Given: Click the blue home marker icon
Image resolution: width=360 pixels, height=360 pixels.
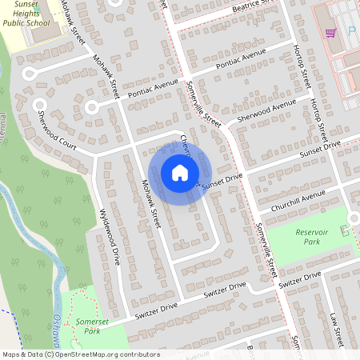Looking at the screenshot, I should [179, 173].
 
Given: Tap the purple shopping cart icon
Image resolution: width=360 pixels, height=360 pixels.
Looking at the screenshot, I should [330, 33].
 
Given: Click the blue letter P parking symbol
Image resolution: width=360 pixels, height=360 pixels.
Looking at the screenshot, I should [351, 32].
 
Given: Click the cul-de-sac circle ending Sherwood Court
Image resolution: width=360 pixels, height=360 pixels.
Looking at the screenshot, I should [38, 104].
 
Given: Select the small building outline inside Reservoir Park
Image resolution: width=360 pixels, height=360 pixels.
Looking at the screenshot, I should [345, 230].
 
